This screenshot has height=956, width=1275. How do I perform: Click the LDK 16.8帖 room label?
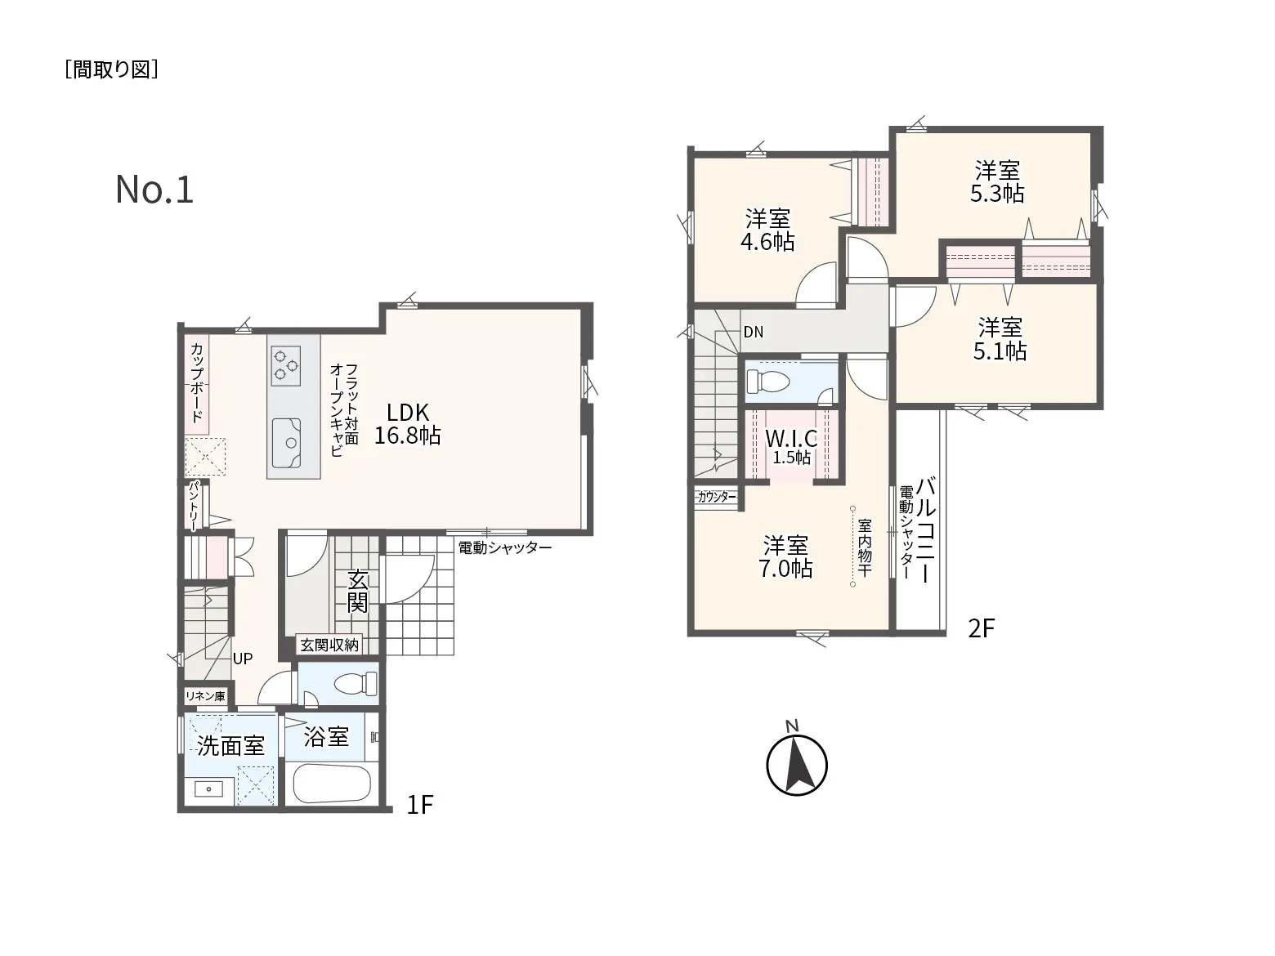click(x=407, y=424)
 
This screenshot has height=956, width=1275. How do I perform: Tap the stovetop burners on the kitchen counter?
click(x=286, y=366)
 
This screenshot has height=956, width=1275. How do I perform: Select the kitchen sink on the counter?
click(x=286, y=442)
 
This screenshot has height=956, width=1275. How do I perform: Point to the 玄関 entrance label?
click(x=358, y=592)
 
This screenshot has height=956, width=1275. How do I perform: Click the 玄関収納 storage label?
click(x=329, y=645)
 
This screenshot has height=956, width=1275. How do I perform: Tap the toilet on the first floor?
click(x=356, y=683)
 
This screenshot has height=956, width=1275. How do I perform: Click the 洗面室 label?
click(x=230, y=746)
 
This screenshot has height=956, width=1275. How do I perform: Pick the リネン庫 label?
click(x=205, y=696)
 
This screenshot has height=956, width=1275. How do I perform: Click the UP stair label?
click(x=242, y=659)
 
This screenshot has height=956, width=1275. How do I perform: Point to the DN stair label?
click(x=754, y=332)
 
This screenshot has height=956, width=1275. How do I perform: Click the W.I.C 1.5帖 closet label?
click(x=791, y=445)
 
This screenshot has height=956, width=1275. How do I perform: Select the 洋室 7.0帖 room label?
click(x=785, y=556)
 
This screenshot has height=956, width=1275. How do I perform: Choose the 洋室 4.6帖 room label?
click(x=767, y=230)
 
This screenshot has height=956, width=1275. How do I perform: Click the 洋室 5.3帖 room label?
click(x=997, y=181)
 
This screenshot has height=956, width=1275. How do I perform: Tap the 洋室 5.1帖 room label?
click(x=1000, y=339)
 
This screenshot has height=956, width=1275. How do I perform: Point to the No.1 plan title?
click(x=154, y=190)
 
